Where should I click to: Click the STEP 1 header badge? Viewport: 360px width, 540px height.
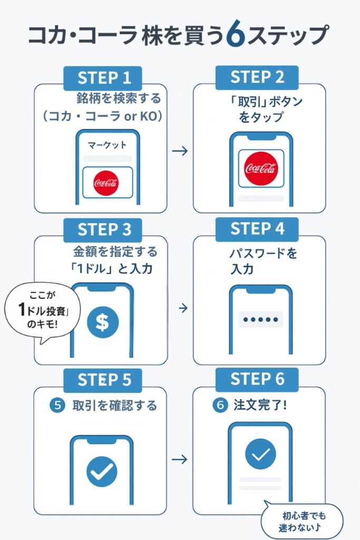104,78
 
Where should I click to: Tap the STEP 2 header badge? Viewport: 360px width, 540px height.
257,77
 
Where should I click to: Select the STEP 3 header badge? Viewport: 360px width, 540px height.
104,230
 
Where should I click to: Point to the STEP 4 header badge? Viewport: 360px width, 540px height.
257,229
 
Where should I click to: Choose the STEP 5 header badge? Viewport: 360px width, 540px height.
104,380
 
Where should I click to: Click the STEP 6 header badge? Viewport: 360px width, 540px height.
257,379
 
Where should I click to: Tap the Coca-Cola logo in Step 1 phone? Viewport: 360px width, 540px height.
106,183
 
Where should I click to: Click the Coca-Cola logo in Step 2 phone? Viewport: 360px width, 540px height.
260,168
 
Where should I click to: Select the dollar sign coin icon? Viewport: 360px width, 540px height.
102,322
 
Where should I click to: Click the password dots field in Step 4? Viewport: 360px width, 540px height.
260,320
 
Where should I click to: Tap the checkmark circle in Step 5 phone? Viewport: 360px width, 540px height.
102,471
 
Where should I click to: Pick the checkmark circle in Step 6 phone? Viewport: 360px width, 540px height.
260,454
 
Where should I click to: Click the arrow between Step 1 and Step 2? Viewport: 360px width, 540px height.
180,151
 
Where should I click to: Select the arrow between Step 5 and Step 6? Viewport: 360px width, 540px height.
180,459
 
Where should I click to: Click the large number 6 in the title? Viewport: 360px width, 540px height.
233,35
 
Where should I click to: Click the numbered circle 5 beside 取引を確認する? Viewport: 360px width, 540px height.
56,406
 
